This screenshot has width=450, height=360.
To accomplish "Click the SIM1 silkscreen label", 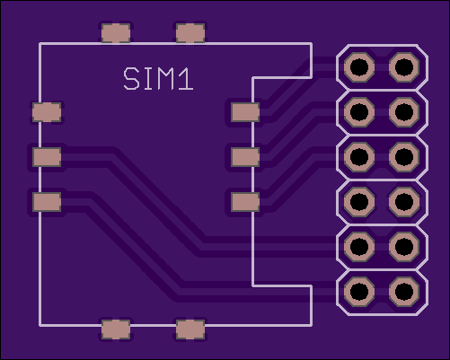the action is pos(158,79).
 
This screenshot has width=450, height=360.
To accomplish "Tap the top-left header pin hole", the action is pos(359,67).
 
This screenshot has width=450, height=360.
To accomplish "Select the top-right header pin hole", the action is pos(404,67).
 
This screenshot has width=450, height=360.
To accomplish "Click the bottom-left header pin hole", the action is pos(359,291).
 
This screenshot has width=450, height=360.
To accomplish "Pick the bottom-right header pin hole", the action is pos(404,291).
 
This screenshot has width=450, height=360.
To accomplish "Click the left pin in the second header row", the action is pos(359,112).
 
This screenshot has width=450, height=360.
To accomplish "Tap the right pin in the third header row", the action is pos(404,157).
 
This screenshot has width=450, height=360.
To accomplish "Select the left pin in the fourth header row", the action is pos(359,202).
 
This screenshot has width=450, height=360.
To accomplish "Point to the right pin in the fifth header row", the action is pos(404,246).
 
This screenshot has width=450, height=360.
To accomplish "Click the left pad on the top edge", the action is pos(116,33).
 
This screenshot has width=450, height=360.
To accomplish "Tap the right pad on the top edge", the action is pos(190,33).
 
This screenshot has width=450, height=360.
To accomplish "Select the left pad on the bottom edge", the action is pos(116,329).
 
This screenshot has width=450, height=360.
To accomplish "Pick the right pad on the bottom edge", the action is pos(190,329).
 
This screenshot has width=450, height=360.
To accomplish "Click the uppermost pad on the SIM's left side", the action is pos(47,112).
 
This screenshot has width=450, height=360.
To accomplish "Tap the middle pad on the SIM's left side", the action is pos(47,157).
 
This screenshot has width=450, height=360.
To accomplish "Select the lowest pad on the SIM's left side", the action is pos(47,202).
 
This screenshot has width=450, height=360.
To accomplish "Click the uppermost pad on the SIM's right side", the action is pos(245,112).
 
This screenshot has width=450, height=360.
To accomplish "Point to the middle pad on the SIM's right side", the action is pos(245,157).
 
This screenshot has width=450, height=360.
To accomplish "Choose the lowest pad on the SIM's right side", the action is pos(245,202).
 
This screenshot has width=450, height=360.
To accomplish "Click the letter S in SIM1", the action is pos(131,79).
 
